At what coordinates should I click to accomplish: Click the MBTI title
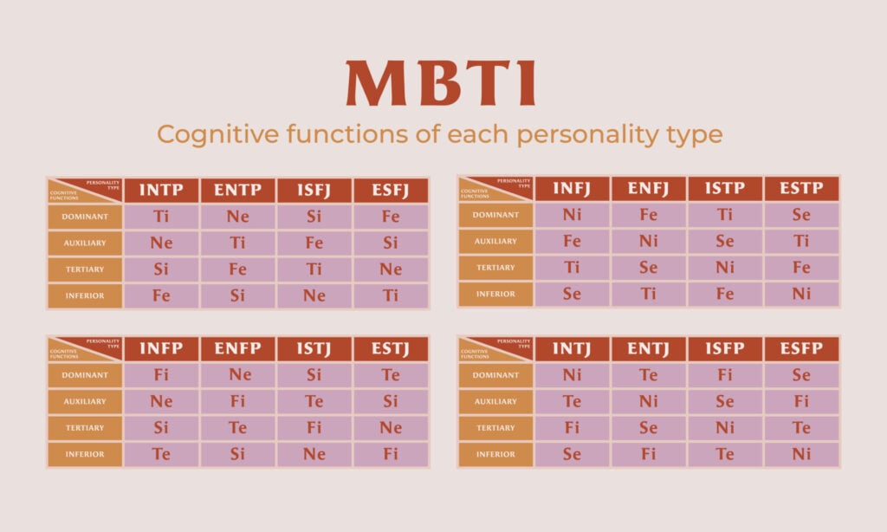tap(441, 84)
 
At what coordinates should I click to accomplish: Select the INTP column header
tap(161, 191)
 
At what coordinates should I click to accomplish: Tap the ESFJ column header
tap(391, 191)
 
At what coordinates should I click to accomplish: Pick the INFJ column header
tap(572, 189)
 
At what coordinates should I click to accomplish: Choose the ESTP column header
tap(801, 189)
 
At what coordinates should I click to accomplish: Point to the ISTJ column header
tap(314, 349)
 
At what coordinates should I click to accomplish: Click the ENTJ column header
tap(648, 349)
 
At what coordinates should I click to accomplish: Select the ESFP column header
tap(801, 349)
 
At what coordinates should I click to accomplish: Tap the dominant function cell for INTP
tap(161, 217)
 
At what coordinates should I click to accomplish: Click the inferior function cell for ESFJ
tap(391, 295)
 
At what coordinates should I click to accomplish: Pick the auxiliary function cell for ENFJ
tap(648, 241)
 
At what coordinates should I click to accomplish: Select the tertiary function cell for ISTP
tap(725, 268)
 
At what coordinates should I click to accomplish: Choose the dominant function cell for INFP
tap(161, 375)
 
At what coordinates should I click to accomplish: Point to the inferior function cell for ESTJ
tap(391, 454)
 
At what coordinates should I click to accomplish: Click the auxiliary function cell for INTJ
tap(572, 401)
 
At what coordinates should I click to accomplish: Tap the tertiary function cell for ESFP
tap(801, 428)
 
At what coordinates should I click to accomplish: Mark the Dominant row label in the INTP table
tap(85, 217)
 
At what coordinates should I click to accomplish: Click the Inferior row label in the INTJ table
tap(495, 454)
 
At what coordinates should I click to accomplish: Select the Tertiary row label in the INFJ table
tap(495, 268)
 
